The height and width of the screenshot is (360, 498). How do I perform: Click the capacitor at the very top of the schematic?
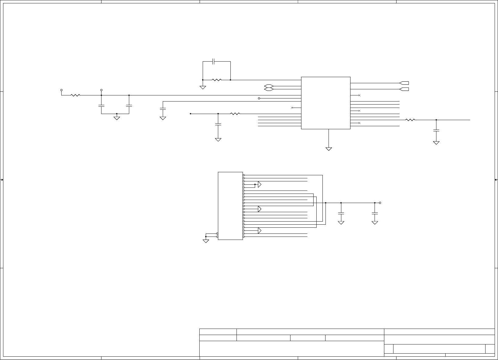point(214,61)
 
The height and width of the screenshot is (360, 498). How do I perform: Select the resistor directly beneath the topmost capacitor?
point(217,80)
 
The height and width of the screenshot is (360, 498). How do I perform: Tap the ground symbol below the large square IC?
point(329,149)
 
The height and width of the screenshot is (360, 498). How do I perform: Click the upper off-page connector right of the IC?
point(404,83)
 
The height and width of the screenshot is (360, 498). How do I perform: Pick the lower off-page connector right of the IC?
point(404,89)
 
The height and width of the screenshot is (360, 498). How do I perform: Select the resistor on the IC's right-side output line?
point(410,120)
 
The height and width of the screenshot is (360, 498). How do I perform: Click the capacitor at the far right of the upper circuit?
point(436,130)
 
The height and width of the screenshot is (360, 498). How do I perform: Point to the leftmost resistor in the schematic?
point(75,95)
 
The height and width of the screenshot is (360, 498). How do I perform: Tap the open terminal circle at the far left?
point(62,90)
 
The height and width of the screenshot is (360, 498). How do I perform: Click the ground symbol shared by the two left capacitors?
point(117,118)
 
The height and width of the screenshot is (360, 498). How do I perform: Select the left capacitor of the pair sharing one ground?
point(101,106)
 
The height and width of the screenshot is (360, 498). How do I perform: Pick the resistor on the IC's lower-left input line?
point(235,114)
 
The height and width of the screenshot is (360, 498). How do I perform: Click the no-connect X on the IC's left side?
point(292,108)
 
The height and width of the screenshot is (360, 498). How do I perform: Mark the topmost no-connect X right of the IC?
point(360,95)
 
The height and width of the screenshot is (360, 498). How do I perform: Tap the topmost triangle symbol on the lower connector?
point(260,184)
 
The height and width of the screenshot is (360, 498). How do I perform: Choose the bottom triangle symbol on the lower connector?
point(260,231)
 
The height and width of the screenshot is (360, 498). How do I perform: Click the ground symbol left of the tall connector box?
point(206,241)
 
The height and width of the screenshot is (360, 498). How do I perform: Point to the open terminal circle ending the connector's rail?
point(380,203)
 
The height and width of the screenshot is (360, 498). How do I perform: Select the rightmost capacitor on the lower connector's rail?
point(375,213)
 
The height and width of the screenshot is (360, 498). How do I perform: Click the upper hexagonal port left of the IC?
point(269,86)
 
